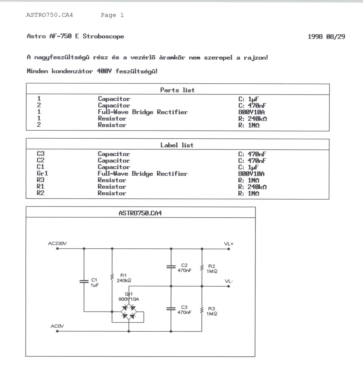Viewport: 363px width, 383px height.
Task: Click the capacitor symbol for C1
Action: pyautogui.click(x=84, y=281)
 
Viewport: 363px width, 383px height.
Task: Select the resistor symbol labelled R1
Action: pyautogui.click(x=112, y=277)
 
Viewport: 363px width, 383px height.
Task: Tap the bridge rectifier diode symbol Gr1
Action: pyautogui.click(x=129, y=312)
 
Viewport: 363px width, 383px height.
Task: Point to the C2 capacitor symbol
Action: pyautogui.click(x=171, y=267)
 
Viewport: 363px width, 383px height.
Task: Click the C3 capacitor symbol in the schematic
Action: pyautogui.click(x=171, y=309)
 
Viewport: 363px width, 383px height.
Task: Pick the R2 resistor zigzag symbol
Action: pyautogui.click(x=202, y=267)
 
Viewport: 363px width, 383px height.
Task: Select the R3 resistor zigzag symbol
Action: pyautogui.click(x=202, y=310)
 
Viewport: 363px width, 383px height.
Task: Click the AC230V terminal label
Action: pyautogui.click(x=57, y=243)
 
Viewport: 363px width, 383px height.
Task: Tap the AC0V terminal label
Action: pyautogui.click(x=57, y=326)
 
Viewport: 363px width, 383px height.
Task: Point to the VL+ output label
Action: pyautogui.click(x=228, y=244)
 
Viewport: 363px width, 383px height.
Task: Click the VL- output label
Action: pyautogui.click(x=229, y=281)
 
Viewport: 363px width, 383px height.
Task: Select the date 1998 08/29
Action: pyautogui.click(x=326, y=37)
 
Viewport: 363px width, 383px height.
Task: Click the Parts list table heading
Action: pyautogui.click(x=177, y=90)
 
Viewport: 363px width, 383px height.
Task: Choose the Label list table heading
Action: pyautogui.click(x=177, y=145)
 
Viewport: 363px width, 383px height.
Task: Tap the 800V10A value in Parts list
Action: pyautogui.click(x=251, y=112)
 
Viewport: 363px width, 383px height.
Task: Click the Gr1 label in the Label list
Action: pyautogui.click(x=42, y=173)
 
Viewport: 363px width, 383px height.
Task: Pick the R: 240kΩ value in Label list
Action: pyautogui.click(x=252, y=187)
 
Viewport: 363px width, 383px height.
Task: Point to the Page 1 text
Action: pyautogui.click(x=112, y=15)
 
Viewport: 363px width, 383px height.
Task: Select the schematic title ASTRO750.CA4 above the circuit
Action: pyautogui.click(x=140, y=213)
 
